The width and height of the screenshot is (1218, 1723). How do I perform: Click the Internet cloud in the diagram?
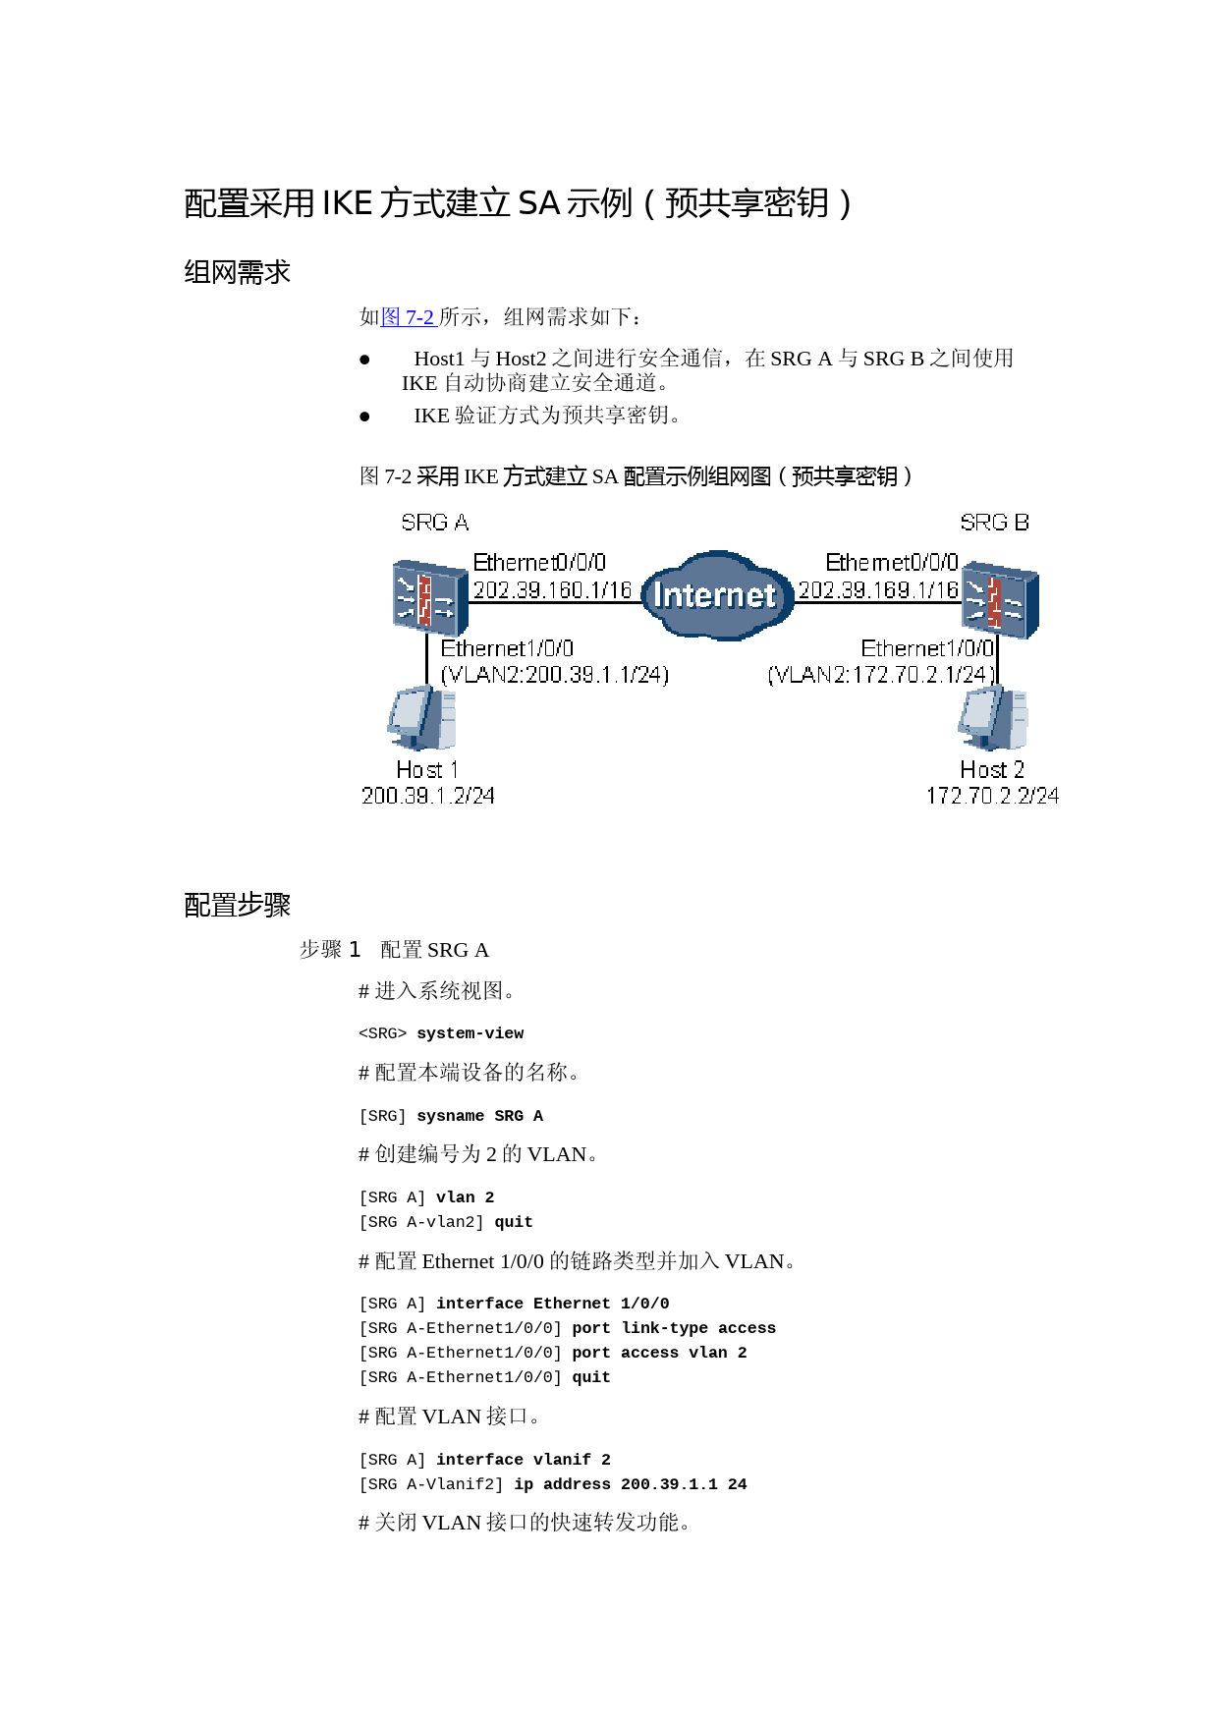coord(717,595)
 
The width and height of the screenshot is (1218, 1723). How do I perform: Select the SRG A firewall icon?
coord(430,597)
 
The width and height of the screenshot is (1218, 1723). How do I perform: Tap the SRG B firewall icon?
coord(1000,599)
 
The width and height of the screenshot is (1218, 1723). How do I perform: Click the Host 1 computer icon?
coord(422,718)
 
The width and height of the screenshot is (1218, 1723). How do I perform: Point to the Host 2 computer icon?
coord(993,718)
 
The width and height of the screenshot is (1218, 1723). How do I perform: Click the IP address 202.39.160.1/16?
coord(552,589)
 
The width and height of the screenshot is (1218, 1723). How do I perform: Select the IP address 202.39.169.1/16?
coord(878,589)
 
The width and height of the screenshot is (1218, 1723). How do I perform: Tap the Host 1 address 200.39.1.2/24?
coord(428,796)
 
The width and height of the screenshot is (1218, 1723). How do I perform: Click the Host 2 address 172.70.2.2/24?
coord(992,796)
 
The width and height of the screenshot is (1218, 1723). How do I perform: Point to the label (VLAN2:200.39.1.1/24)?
coord(555,675)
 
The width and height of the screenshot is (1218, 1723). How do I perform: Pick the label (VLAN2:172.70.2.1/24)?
coord(881,675)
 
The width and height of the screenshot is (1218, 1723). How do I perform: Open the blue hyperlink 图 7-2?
coord(408,316)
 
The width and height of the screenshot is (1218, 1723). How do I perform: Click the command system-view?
coord(471,1033)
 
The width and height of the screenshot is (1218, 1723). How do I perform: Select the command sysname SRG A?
coord(480,1116)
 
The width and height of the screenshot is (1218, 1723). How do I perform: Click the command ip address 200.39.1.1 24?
coord(631,1484)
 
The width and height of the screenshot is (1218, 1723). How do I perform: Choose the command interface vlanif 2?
coord(524,1460)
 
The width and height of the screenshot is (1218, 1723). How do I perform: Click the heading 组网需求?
coord(238,272)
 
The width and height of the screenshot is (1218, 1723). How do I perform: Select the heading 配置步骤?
coord(238,905)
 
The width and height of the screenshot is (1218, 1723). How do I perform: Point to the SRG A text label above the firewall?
coord(435,523)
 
